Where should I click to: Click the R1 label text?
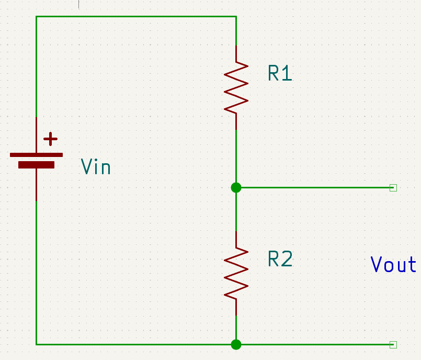[x=280, y=73]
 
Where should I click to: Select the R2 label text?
[x=280, y=259]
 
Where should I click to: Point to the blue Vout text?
[x=393, y=265]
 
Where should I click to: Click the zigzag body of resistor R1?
[x=236, y=86]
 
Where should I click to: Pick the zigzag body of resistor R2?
[x=236, y=273]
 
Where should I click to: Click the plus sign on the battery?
[x=50, y=139]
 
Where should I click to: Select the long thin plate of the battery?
[x=36, y=155]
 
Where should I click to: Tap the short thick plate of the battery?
[x=36, y=165]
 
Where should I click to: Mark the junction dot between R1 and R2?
[x=236, y=187]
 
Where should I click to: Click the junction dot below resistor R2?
[x=236, y=344]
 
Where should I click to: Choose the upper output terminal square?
[x=393, y=187]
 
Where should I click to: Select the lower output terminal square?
[x=393, y=344]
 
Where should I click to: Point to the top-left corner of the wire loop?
[x=36, y=17]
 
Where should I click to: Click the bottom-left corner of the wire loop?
[x=36, y=344]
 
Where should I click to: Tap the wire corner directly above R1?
[x=236, y=17]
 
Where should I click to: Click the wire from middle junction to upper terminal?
[x=314, y=187]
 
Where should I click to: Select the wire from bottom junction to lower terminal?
[x=314, y=344]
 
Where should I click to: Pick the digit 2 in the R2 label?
[x=286, y=259]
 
